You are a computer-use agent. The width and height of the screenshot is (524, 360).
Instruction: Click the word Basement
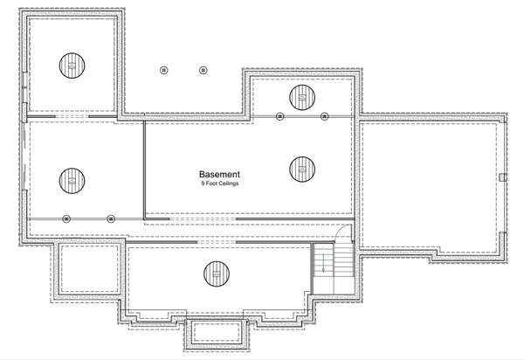pos(219,174)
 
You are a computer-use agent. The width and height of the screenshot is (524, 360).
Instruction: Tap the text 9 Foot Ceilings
pos(219,184)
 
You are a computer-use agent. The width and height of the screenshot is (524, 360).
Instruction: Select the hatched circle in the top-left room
pos(72,65)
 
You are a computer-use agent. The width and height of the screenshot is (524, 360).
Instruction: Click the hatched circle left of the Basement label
pos(72,182)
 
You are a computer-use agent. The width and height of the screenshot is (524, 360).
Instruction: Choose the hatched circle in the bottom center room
pos(216,273)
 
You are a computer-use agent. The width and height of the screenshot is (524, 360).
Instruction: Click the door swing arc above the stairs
pos(345,233)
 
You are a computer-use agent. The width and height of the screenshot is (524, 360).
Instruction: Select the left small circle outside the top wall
pos(163,70)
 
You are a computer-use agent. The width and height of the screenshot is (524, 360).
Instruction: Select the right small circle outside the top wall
pos(203,70)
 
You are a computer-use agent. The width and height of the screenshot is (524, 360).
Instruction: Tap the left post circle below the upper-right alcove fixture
pos(279,116)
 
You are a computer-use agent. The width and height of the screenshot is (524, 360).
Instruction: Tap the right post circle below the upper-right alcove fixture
pos(324,116)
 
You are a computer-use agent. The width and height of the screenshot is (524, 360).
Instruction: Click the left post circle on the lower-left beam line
pos(66,218)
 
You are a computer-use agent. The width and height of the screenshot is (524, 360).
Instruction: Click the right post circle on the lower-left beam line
pos(111,218)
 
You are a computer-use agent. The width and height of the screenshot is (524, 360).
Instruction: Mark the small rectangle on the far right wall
pos(502,177)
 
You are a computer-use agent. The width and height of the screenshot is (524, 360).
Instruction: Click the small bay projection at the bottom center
pos(217,331)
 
